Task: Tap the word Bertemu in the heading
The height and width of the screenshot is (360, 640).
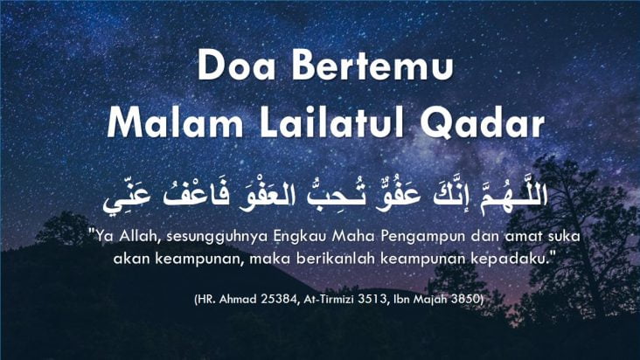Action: pyautogui.click(x=372, y=66)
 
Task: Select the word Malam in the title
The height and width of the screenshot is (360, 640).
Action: pyautogui.click(x=175, y=121)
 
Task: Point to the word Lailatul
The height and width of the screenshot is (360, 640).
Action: pyautogui.click(x=332, y=121)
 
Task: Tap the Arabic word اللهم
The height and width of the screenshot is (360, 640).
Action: pyautogui.click(x=513, y=195)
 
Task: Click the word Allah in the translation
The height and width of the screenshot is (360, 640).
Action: pyautogui.click(x=140, y=236)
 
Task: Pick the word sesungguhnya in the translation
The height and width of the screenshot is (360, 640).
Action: pyautogui.click(x=217, y=238)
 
